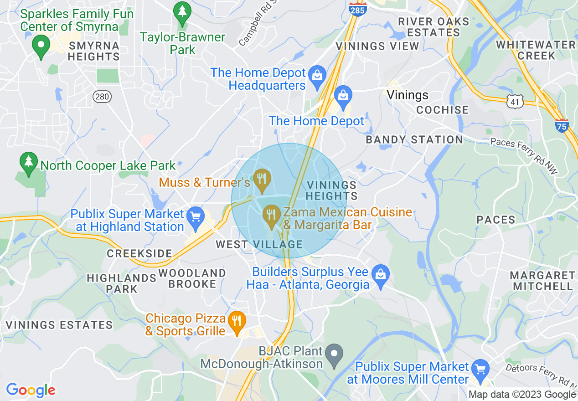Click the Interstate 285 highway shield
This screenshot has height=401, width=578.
358,9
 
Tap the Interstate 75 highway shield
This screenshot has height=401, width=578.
562,124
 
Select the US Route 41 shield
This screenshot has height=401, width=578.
515,102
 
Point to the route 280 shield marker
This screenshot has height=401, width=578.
102,96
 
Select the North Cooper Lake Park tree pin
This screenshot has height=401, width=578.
29,163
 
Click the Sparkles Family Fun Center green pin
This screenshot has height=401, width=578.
41,46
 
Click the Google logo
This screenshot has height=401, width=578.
31,390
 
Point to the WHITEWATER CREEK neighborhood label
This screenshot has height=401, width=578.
536,50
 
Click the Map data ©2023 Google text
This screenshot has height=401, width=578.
522,395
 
